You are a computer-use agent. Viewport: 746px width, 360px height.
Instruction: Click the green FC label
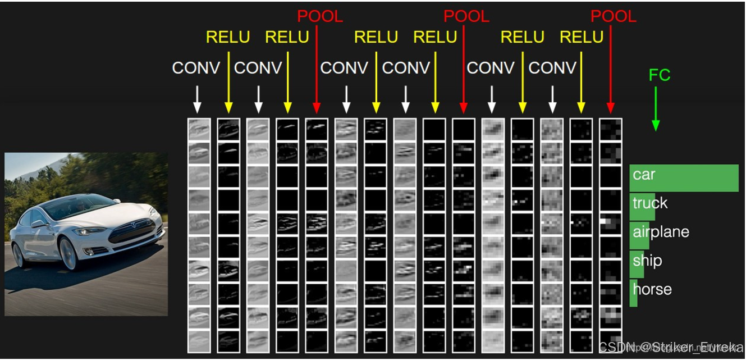tap(659, 75)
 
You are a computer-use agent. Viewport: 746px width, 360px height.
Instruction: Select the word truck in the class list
tap(650, 203)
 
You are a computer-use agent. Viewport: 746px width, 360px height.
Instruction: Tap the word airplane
tap(661, 232)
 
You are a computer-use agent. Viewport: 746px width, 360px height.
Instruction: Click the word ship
tap(647, 261)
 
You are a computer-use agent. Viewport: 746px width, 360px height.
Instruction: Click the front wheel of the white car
tap(69, 254)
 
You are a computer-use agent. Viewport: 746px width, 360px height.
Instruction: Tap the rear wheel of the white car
tap(18, 255)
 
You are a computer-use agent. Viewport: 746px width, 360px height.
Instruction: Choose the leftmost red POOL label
tap(319, 16)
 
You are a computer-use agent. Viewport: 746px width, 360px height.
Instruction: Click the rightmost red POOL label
tap(614, 16)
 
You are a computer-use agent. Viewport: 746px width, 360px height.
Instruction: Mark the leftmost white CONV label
tap(196, 68)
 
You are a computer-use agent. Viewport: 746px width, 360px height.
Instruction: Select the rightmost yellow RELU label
tap(582, 37)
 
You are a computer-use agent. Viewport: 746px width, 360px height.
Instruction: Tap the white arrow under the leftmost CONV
tap(196, 100)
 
